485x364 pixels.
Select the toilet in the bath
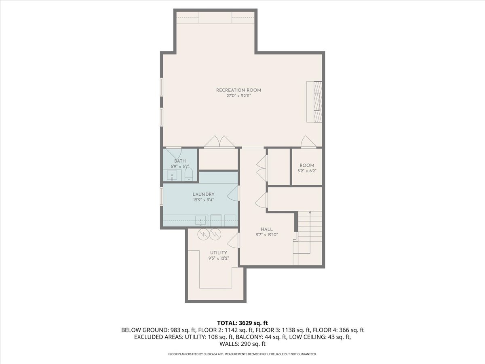tap(189, 175)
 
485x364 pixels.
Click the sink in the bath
tap(172, 176)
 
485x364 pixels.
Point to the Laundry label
tap(203, 194)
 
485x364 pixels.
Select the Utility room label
tap(218, 253)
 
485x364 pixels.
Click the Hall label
tap(267, 229)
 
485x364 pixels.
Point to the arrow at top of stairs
tap(310, 212)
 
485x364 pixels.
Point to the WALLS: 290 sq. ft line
tap(242, 344)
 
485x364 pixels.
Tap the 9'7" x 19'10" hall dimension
tap(267, 235)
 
